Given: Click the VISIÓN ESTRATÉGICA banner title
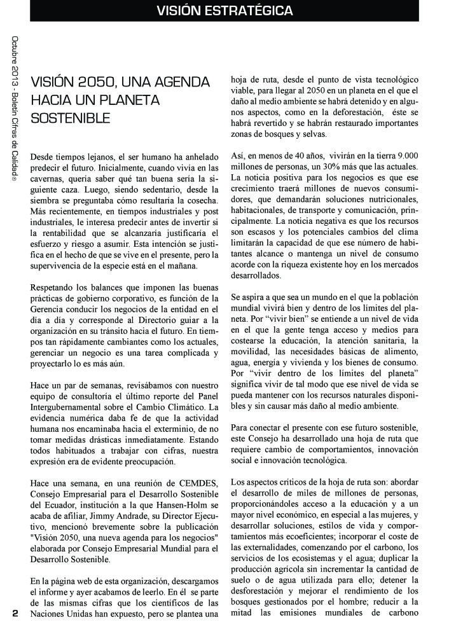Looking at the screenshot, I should [224, 11].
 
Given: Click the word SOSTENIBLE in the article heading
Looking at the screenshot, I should [71, 118].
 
